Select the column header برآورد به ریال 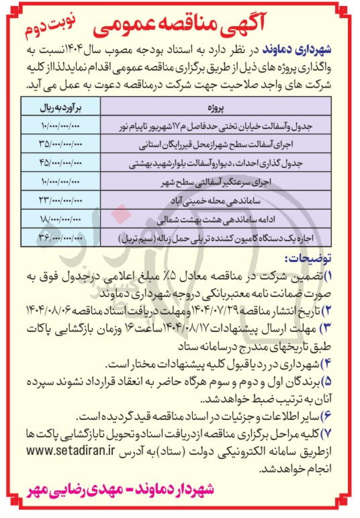pyautogui.click(x=58, y=107)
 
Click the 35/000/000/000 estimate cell pyautogui.click(x=58, y=143)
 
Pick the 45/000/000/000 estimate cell pyautogui.click(x=58, y=162)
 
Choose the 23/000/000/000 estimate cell pyautogui.click(x=58, y=200)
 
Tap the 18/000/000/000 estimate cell pyautogui.click(x=58, y=218)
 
